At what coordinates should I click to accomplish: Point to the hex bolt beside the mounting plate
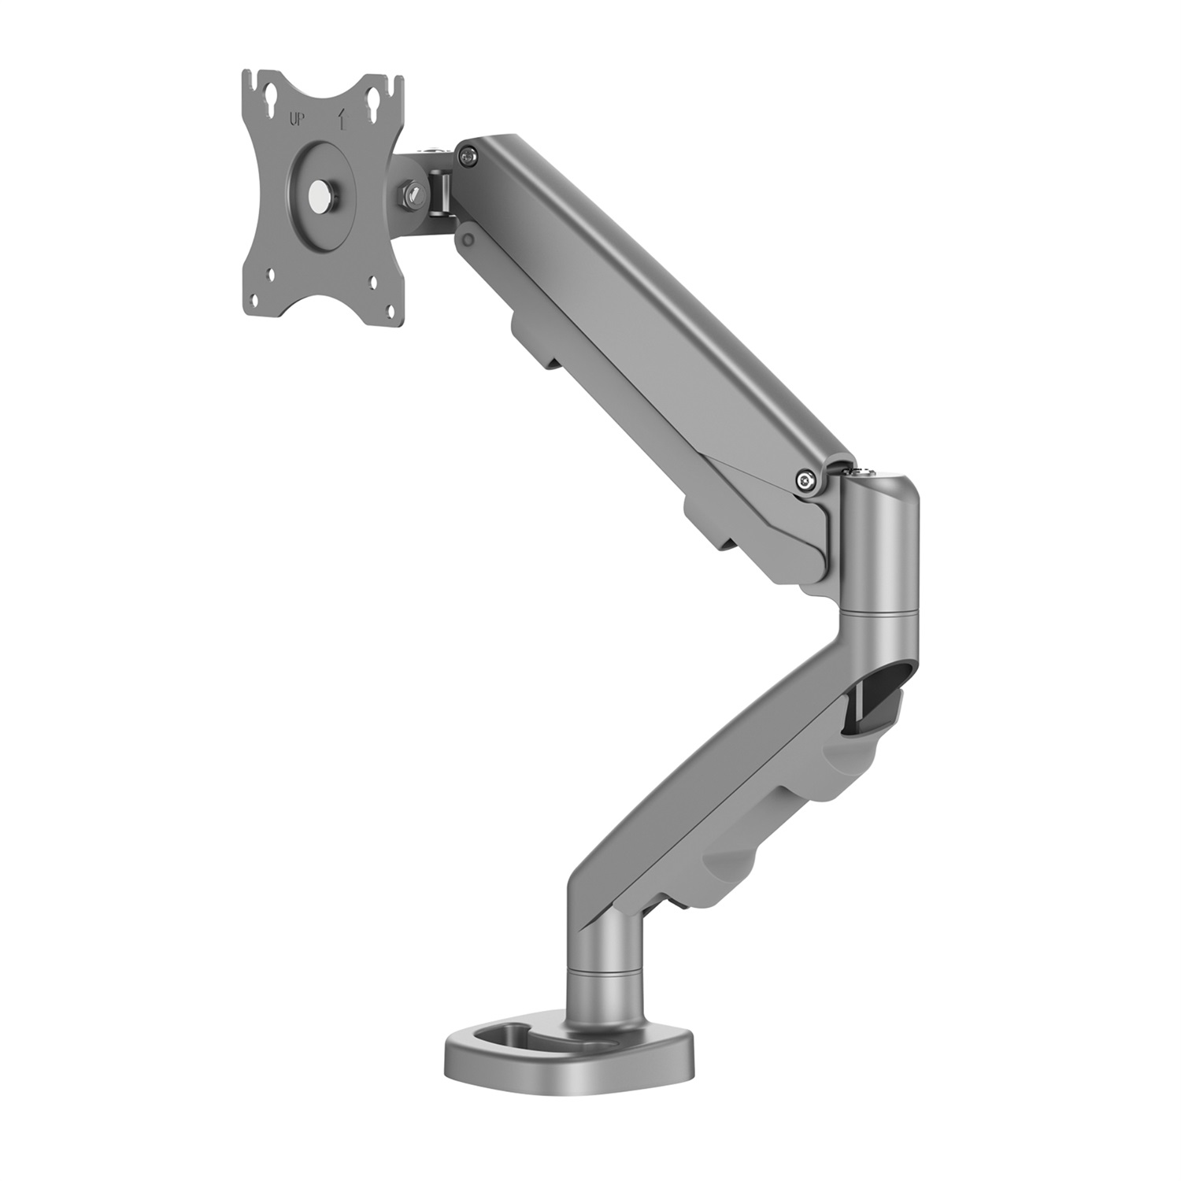(412, 193)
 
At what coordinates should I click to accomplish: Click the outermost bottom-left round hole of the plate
(255, 300)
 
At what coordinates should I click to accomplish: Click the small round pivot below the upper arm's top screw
(468, 233)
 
